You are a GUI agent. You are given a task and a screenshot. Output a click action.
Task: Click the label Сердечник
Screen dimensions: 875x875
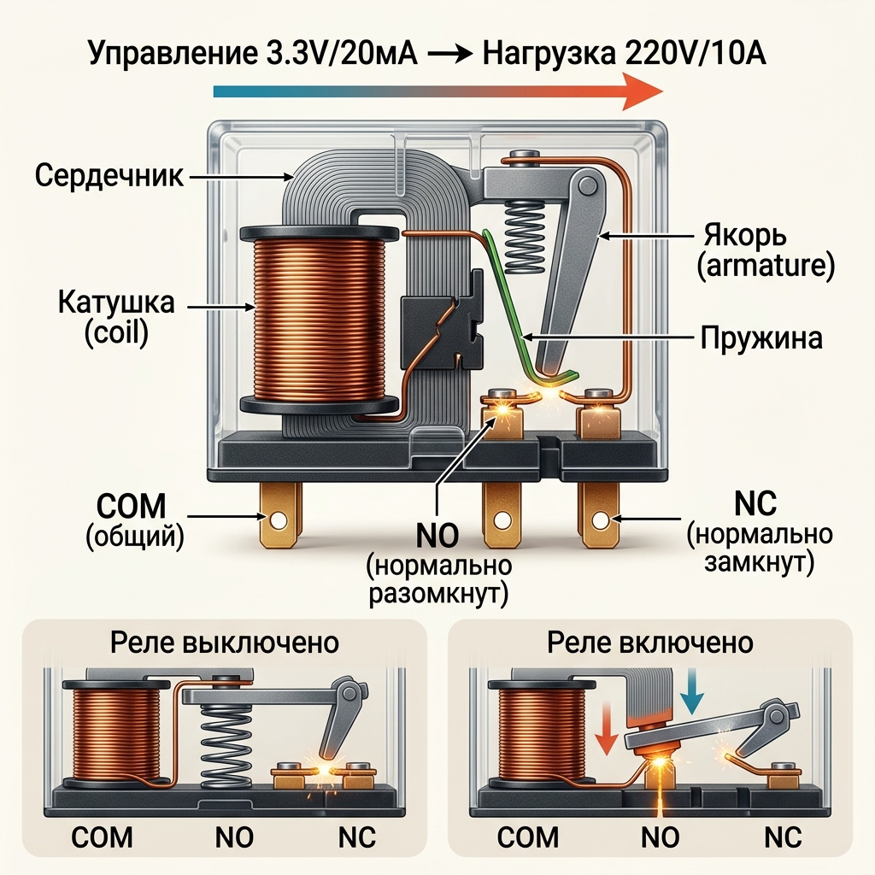pyautogui.click(x=109, y=177)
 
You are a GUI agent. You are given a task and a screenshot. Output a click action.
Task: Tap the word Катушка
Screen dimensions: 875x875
pyautogui.click(x=116, y=302)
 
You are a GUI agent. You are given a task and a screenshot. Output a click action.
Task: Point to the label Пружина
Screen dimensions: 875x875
pyautogui.click(x=761, y=337)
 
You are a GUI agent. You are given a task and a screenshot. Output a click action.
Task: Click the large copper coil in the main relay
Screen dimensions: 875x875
pyautogui.click(x=319, y=315)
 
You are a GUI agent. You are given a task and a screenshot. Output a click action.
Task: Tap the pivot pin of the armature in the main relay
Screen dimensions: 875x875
pyautogui.click(x=587, y=184)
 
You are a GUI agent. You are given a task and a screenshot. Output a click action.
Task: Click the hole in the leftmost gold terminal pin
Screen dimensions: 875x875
pyautogui.click(x=279, y=519)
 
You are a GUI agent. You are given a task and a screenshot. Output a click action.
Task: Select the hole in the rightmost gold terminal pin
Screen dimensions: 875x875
pyautogui.click(x=601, y=519)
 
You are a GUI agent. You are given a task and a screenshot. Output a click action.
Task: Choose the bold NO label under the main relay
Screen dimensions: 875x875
pyautogui.click(x=437, y=537)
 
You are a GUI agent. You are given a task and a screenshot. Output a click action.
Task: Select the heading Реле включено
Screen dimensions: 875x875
pyautogui.click(x=650, y=642)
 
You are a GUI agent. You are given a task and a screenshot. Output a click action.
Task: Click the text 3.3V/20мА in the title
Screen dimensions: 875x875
pyautogui.click(x=335, y=56)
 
